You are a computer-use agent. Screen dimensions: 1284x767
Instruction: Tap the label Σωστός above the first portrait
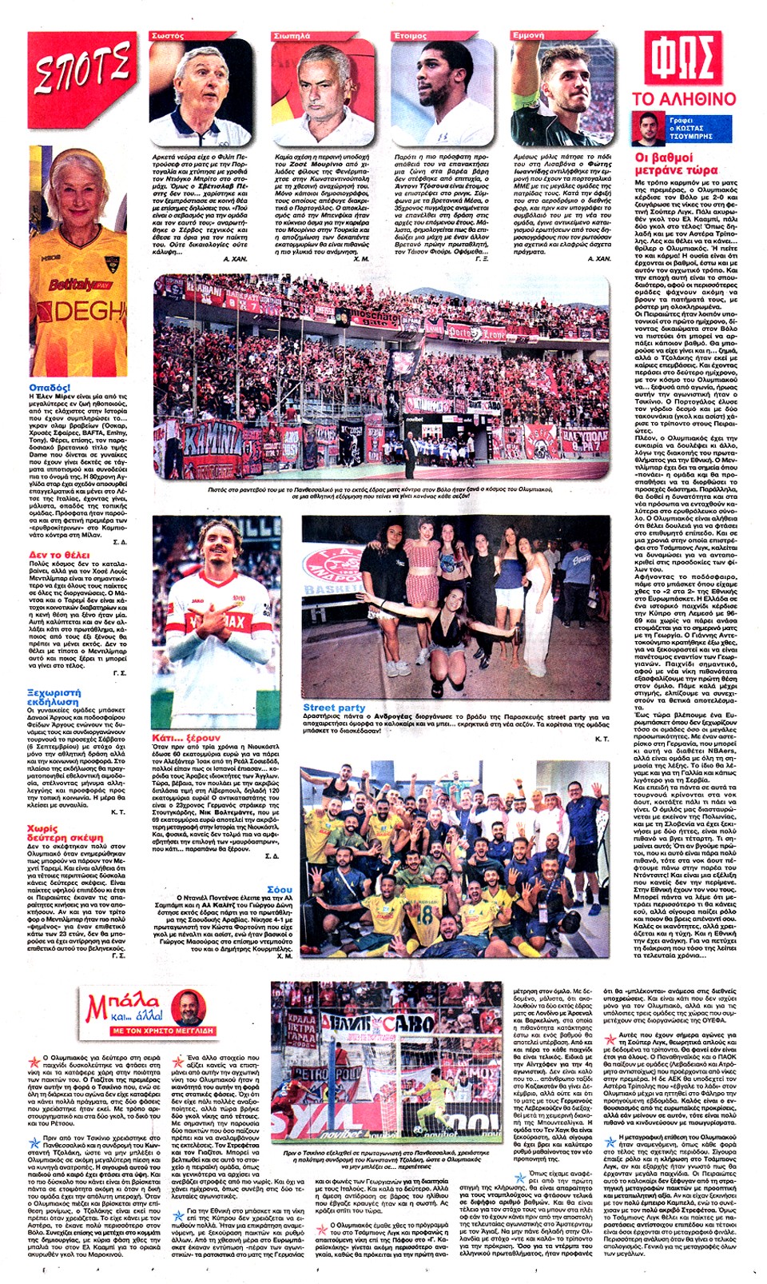(168, 36)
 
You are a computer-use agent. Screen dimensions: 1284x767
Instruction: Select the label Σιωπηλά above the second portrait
(292, 36)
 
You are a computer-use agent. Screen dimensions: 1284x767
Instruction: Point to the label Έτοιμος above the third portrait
(411, 36)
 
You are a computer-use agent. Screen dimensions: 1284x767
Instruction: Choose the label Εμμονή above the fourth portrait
(528, 36)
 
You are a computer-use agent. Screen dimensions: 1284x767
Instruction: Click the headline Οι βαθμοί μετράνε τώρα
(676, 164)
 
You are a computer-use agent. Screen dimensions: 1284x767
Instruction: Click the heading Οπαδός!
(50, 388)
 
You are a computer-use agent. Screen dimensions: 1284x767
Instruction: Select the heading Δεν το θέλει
(59, 554)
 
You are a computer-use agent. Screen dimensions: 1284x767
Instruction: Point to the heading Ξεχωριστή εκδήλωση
(54, 696)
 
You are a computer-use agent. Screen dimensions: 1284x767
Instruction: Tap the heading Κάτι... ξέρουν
(185, 737)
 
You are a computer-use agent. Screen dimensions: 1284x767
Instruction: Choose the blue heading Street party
(334, 708)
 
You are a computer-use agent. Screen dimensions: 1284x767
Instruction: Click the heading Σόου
(280, 889)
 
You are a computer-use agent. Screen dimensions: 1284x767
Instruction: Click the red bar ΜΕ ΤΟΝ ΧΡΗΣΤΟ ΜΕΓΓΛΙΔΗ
(163, 1031)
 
